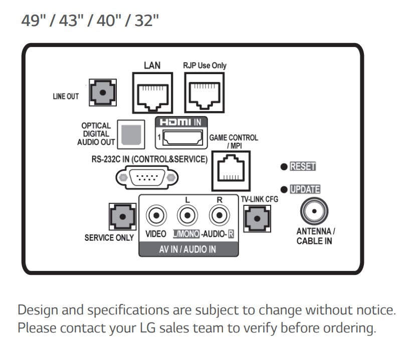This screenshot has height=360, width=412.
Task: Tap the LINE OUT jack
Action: pos(102,92)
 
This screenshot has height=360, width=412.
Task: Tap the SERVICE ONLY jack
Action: pos(123,217)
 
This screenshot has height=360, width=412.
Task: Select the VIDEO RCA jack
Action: pos(156,216)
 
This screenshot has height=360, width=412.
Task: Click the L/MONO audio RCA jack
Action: pos(187,216)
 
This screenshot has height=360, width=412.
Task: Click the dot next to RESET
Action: pos(284,167)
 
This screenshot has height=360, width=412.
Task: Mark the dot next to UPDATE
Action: pos(284,189)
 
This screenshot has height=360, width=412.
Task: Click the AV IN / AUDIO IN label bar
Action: pos(188,249)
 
